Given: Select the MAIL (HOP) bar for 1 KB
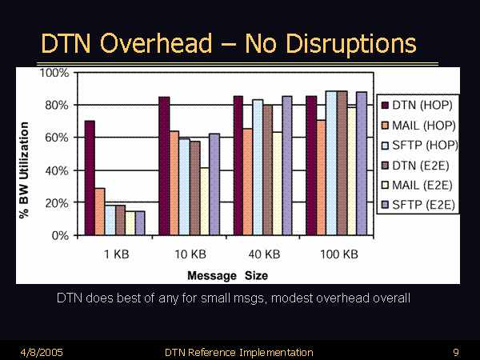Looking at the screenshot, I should [x=100, y=212].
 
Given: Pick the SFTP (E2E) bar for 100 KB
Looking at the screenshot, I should [x=362, y=164].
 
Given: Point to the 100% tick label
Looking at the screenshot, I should [x=54, y=73].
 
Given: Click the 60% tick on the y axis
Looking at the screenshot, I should [x=55, y=138].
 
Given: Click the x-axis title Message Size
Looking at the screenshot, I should [x=227, y=275].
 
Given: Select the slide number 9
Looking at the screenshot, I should [x=455, y=352].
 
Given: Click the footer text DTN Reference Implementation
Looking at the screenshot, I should [x=238, y=352].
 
